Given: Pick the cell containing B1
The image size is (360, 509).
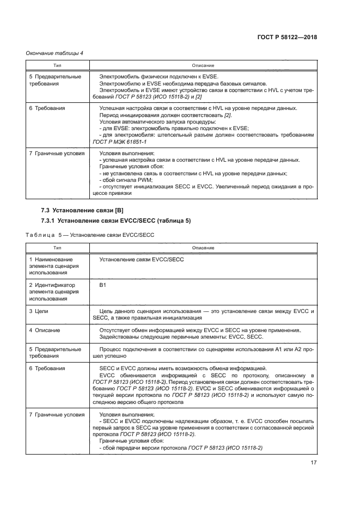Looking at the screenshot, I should tap(102, 285).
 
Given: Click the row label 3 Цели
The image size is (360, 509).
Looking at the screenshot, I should tap(41, 310).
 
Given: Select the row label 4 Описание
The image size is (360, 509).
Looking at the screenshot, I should tap(45, 330).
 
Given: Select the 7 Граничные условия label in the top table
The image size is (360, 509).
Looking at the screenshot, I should tap(57, 154).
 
